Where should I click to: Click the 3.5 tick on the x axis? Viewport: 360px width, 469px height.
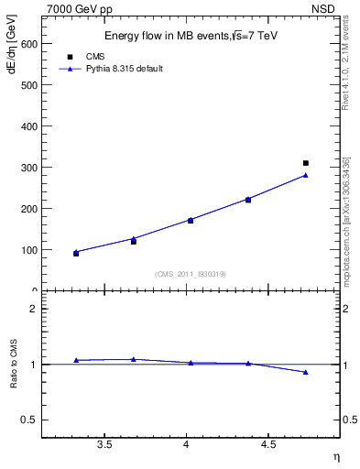104,444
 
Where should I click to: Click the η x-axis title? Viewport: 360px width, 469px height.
336,456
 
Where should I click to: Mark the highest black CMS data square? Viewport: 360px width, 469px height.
306,163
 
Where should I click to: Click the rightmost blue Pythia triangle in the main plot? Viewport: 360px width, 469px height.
306,175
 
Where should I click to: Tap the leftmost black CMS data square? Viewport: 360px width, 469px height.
76,253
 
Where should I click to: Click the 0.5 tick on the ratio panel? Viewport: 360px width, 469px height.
30,420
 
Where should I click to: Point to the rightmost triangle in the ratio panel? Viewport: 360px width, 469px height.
306,372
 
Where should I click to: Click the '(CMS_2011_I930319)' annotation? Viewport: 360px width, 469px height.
191,273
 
